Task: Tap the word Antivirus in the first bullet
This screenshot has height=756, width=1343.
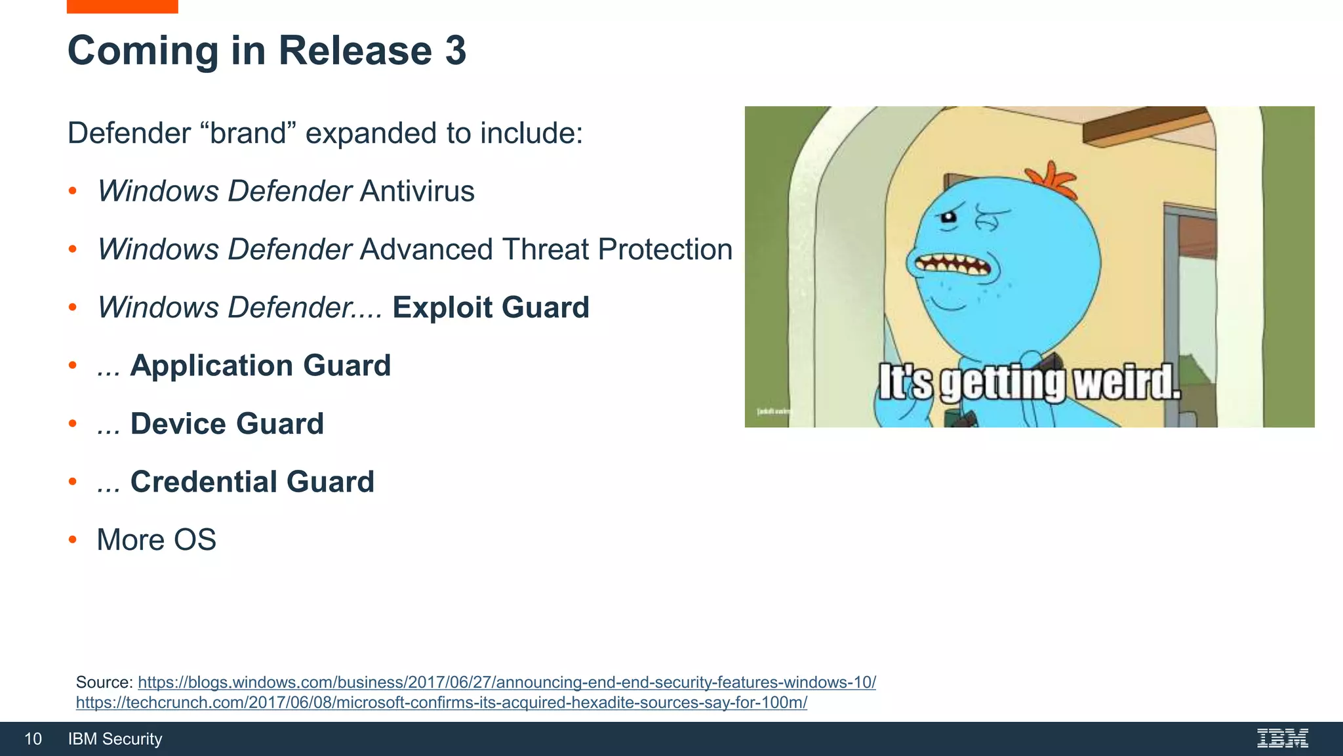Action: pyautogui.click(x=417, y=192)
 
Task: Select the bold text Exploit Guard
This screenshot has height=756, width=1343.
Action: pyautogui.click(x=491, y=308)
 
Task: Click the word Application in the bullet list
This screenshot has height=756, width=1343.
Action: pyautogui.click(x=212, y=366)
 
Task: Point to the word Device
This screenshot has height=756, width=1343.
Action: pyautogui.click(x=178, y=424)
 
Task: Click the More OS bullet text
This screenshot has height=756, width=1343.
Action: pyautogui.click(x=156, y=540)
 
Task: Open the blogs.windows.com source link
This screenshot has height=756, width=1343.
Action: pyautogui.click(x=506, y=682)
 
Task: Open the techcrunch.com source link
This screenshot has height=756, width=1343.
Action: pyautogui.click(x=441, y=703)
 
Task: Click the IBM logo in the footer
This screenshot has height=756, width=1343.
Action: pyautogui.click(x=1282, y=739)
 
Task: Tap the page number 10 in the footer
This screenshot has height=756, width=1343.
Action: pyautogui.click(x=33, y=740)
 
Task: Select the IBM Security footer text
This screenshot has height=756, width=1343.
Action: pyautogui.click(x=115, y=740)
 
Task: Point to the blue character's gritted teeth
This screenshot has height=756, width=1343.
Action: pyautogui.click(x=955, y=265)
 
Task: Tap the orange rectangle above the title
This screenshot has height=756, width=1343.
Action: pyautogui.click(x=122, y=7)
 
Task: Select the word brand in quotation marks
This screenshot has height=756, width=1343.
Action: pyautogui.click(x=249, y=134)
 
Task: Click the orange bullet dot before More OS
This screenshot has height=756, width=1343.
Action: pyautogui.click(x=73, y=540)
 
